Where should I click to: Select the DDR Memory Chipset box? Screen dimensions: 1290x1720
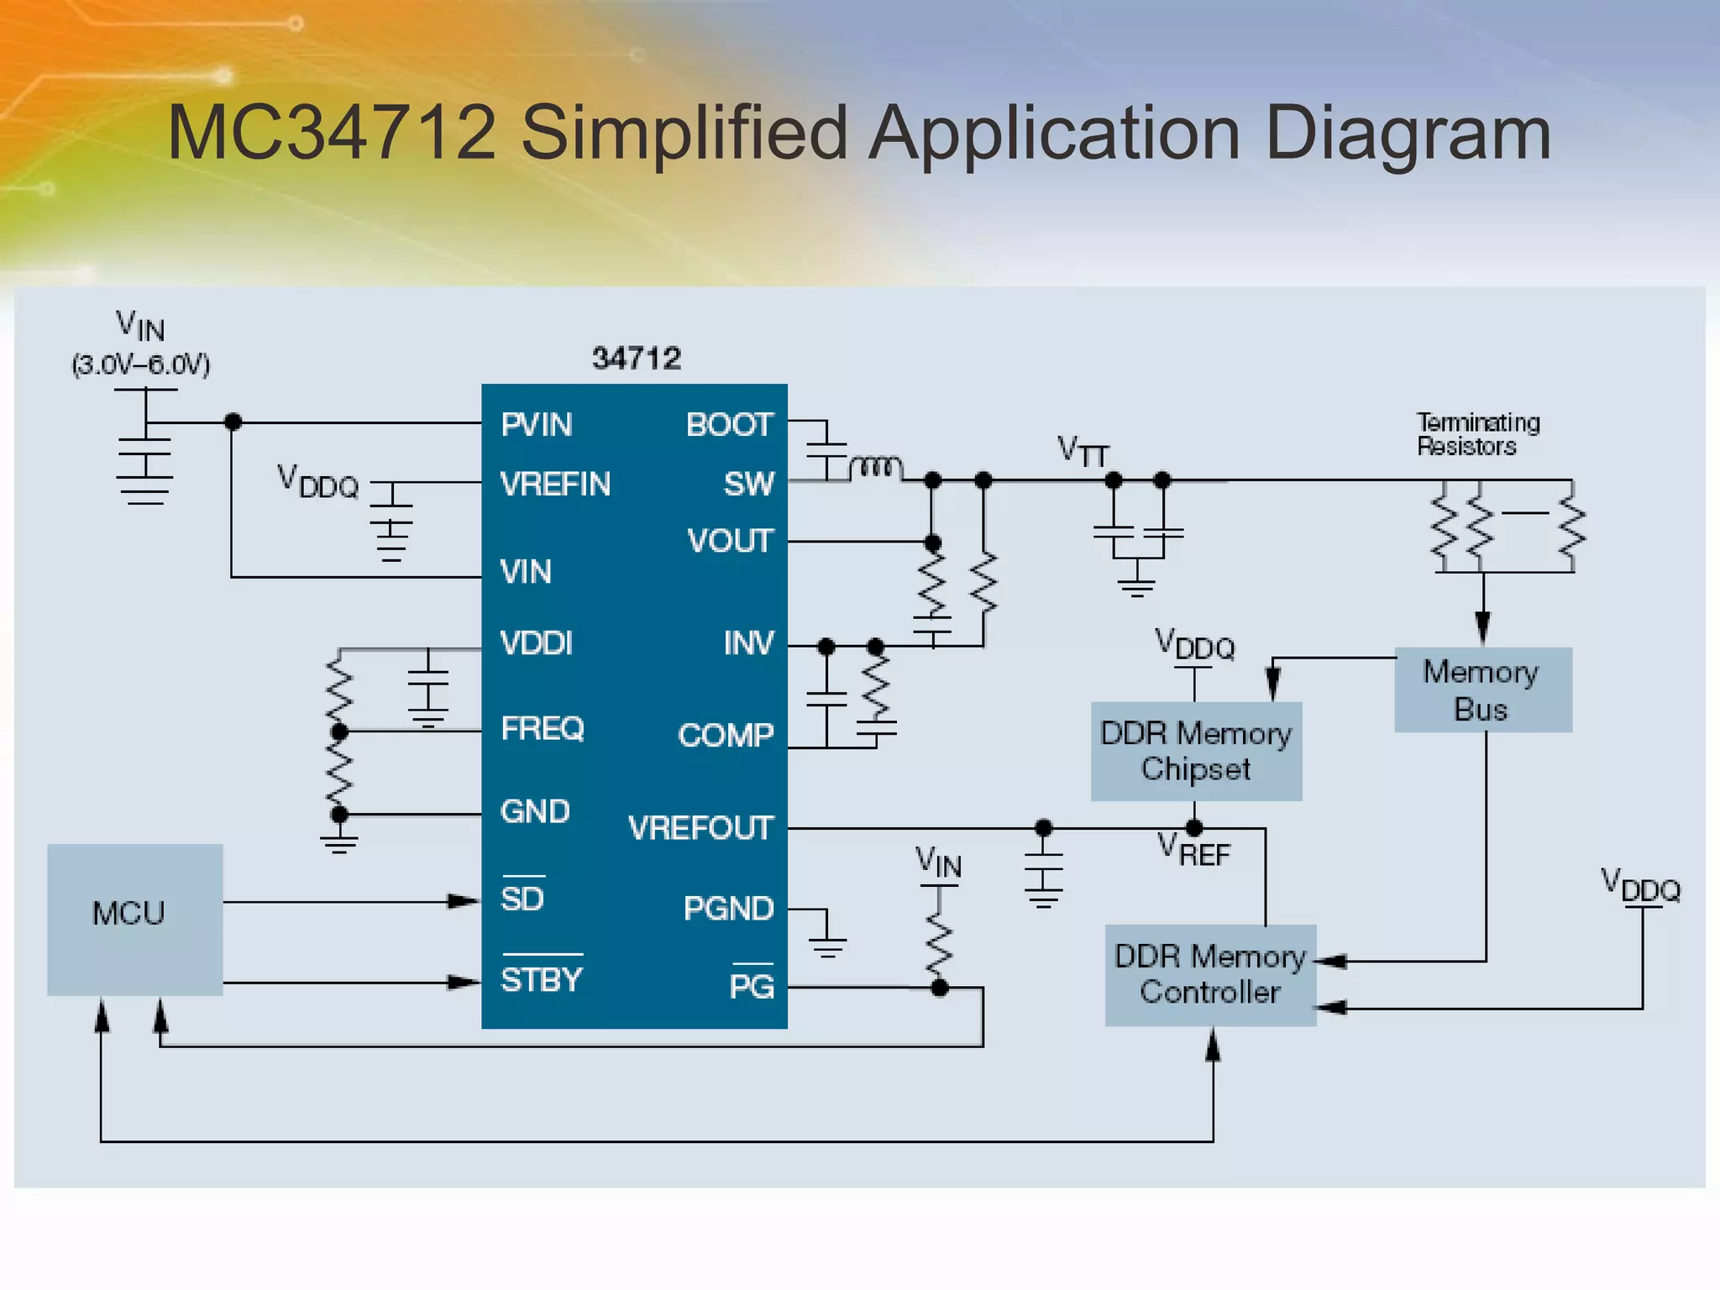pyautogui.click(x=1196, y=751)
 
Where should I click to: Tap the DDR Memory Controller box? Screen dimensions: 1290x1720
pyautogui.click(x=1210, y=974)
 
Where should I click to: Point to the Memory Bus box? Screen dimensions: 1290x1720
pyautogui.click(x=1482, y=690)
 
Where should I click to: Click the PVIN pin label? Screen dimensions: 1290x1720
pyautogui.click(x=536, y=425)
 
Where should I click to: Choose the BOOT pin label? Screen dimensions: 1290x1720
pyautogui.click(x=728, y=425)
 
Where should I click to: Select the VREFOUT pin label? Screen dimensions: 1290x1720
pyautogui.click(x=700, y=828)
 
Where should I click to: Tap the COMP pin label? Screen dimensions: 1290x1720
pyautogui.click(x=726, y=736)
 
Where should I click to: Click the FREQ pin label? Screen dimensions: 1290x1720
pyautogui.click(x=542, y=728)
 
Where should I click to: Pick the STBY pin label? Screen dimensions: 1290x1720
pyautogui.click(x=542, y=979)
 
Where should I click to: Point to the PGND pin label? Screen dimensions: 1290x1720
pyautogui.click(x=727, y=909)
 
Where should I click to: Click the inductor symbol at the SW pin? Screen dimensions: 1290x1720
pyautogui.click(x=876, y=467)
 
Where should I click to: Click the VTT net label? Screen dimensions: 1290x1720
pyautogui.click(x=1083, y=451)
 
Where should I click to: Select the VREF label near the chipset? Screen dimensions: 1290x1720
pyautogui.click(x=1193, y=850)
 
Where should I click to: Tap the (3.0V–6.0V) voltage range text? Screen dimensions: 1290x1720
pyautogui.click(x=141, y=365)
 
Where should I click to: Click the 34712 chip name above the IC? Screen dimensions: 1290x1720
pyautogui.click(x=636, y=359)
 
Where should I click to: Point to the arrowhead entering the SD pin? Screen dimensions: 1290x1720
pyautogui.click(x=463, y=901)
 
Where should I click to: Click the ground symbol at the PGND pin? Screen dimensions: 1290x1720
pyautogui.click(x=827, y=946)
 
